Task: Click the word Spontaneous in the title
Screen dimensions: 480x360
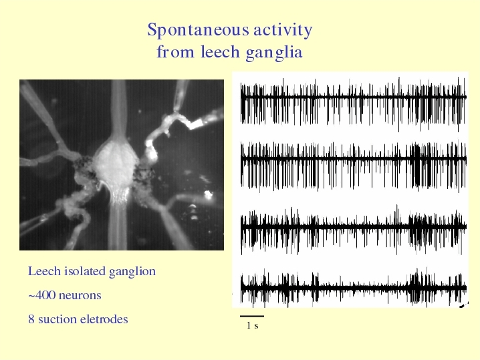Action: click(x=198, y=31)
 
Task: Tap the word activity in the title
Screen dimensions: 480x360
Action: click(x=283, y=31)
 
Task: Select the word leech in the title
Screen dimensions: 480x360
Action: click(x=220, y=51)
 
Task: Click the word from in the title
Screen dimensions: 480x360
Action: click(x=176, y=51)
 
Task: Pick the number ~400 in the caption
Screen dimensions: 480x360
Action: click(x=41, y=295)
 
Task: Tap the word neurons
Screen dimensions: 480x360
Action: click(x=80, y=296)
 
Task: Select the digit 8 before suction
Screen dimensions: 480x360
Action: click(x=31, y=319)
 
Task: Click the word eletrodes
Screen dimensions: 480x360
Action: click(x=104, y=319)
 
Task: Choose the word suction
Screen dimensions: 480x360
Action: click(x=57, y=319)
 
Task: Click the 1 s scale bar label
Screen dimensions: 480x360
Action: click(x=253, y=325)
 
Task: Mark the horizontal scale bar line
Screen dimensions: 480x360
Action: click(x=252, y=317)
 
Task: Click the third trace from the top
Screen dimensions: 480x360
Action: click(x=353, y=228)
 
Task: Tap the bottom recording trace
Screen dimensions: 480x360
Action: click(x=353, y=287)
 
